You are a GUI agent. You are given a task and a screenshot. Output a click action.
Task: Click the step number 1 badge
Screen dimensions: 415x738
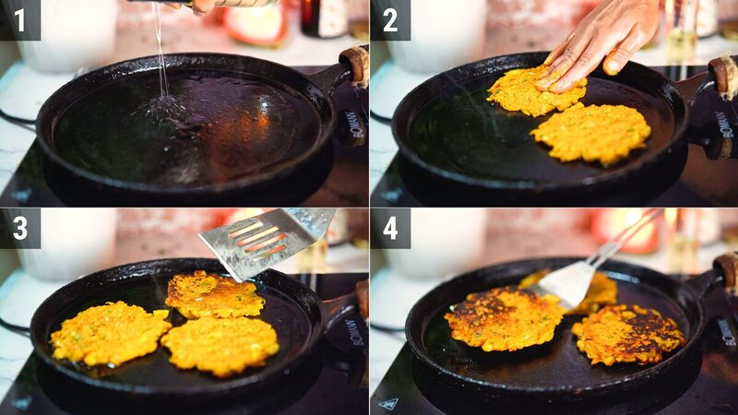pos(19,19)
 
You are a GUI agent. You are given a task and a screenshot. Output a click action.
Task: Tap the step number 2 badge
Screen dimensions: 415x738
pos(390,19)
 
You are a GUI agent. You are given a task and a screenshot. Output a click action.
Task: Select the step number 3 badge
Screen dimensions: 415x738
pos(19,228)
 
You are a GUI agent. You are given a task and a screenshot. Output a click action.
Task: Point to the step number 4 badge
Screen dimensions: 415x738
pos(390,228)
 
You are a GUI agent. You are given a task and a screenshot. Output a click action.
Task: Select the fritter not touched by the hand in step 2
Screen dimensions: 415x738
pos(590,133)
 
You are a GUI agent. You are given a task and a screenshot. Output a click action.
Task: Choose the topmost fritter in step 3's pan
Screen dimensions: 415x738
pos(214,295)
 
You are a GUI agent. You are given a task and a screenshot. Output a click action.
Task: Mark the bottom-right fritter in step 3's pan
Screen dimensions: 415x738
pos(220,345)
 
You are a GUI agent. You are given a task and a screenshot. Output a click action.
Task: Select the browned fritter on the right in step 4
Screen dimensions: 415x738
pos(627,334)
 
